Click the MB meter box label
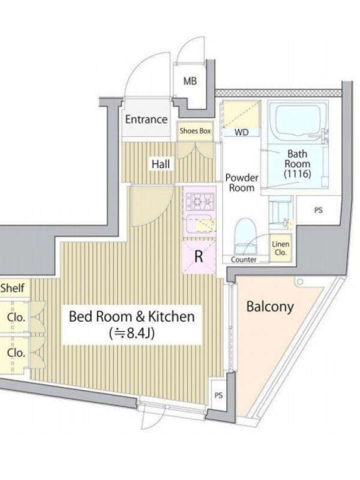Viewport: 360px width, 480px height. tap(190, 81)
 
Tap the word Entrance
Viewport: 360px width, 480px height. tap(146, 119)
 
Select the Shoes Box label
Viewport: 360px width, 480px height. tap(196, 131)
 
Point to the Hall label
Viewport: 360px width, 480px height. tap(161, 164)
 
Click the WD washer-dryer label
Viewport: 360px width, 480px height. tap(242, 132)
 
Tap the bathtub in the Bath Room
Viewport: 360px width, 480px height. tap(298, 121)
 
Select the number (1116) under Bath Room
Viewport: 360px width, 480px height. tap(297, 174)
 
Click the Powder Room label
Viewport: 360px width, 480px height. tap(242, 182)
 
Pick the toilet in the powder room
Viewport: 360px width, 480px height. tap(245, 235)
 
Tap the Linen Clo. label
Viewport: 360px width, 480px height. tap(281, 248)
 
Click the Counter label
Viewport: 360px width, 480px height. tap(244, 260)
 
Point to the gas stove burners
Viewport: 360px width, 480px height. tap(201, 202)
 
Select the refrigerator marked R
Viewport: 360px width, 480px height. tap(199, 257)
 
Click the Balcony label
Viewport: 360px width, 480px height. tap(270, 307)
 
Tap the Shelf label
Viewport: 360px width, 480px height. tap(12, 288)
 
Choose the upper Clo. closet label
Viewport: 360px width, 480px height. tap(16, 317)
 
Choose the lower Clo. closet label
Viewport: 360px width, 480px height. tap(16, 353)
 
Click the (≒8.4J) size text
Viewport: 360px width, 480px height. tap(132, 333)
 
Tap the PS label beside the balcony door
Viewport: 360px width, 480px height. tap(218, 395)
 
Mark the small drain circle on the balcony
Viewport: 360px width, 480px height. tap(299, 281)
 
